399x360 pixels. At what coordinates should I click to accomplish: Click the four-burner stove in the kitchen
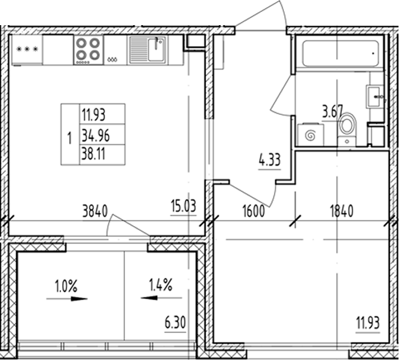click(x=88, y=50)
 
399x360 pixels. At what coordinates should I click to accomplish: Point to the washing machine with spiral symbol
click(x=309, y=134)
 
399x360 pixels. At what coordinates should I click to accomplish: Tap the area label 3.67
click(x=333, y=111)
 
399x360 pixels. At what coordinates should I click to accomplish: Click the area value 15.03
click(x=184, y=207)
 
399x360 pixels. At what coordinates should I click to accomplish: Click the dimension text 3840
click(x=94, y=210)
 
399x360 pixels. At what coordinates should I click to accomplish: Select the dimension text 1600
click(x=254, y=210)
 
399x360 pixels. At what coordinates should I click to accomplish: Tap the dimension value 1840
click(x=341, y=210)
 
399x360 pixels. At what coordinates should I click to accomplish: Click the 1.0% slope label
click(x=65, y=286)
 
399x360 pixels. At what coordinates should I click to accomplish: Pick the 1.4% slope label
click(x=159, y=286)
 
